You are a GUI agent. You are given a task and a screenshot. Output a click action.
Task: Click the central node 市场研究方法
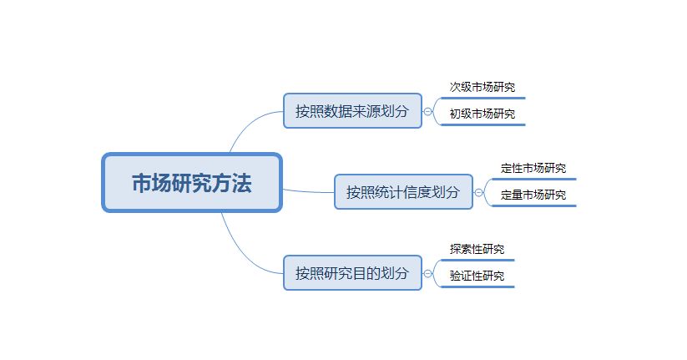tap(192, 183)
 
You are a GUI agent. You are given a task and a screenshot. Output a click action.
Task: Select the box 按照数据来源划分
tap(352, 111)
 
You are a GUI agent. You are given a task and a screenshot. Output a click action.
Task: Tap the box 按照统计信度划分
tap(403, 192)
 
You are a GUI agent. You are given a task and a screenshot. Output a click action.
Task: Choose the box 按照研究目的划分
tap(352, 273)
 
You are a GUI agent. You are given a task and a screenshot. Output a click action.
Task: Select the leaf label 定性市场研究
tap(533, 168)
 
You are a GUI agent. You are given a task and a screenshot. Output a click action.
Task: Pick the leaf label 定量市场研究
tap(533, 195)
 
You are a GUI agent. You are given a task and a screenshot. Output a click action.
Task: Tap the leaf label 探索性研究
tap(477, 249)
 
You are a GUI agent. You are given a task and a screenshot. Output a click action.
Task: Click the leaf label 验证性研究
tap(477, 276)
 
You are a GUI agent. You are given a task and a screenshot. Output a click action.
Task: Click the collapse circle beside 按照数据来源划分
tap(427, 111)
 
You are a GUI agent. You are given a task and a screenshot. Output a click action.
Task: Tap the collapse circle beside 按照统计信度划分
tap(478, 192)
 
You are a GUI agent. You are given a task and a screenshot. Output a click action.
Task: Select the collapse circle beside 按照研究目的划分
tap(427, 273)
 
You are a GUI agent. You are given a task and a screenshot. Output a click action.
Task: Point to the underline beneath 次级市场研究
tap(482, 98)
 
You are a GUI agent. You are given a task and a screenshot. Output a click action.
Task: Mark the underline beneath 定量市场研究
tap(533, 205)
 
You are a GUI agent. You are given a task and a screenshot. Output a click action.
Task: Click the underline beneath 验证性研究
tap(477, 286)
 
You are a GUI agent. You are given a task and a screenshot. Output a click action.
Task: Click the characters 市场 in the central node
tap(151, 184)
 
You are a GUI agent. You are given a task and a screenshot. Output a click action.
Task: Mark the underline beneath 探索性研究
tap(477, 260)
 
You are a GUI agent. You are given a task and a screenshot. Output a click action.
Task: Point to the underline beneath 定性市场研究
tap(533, 179)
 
